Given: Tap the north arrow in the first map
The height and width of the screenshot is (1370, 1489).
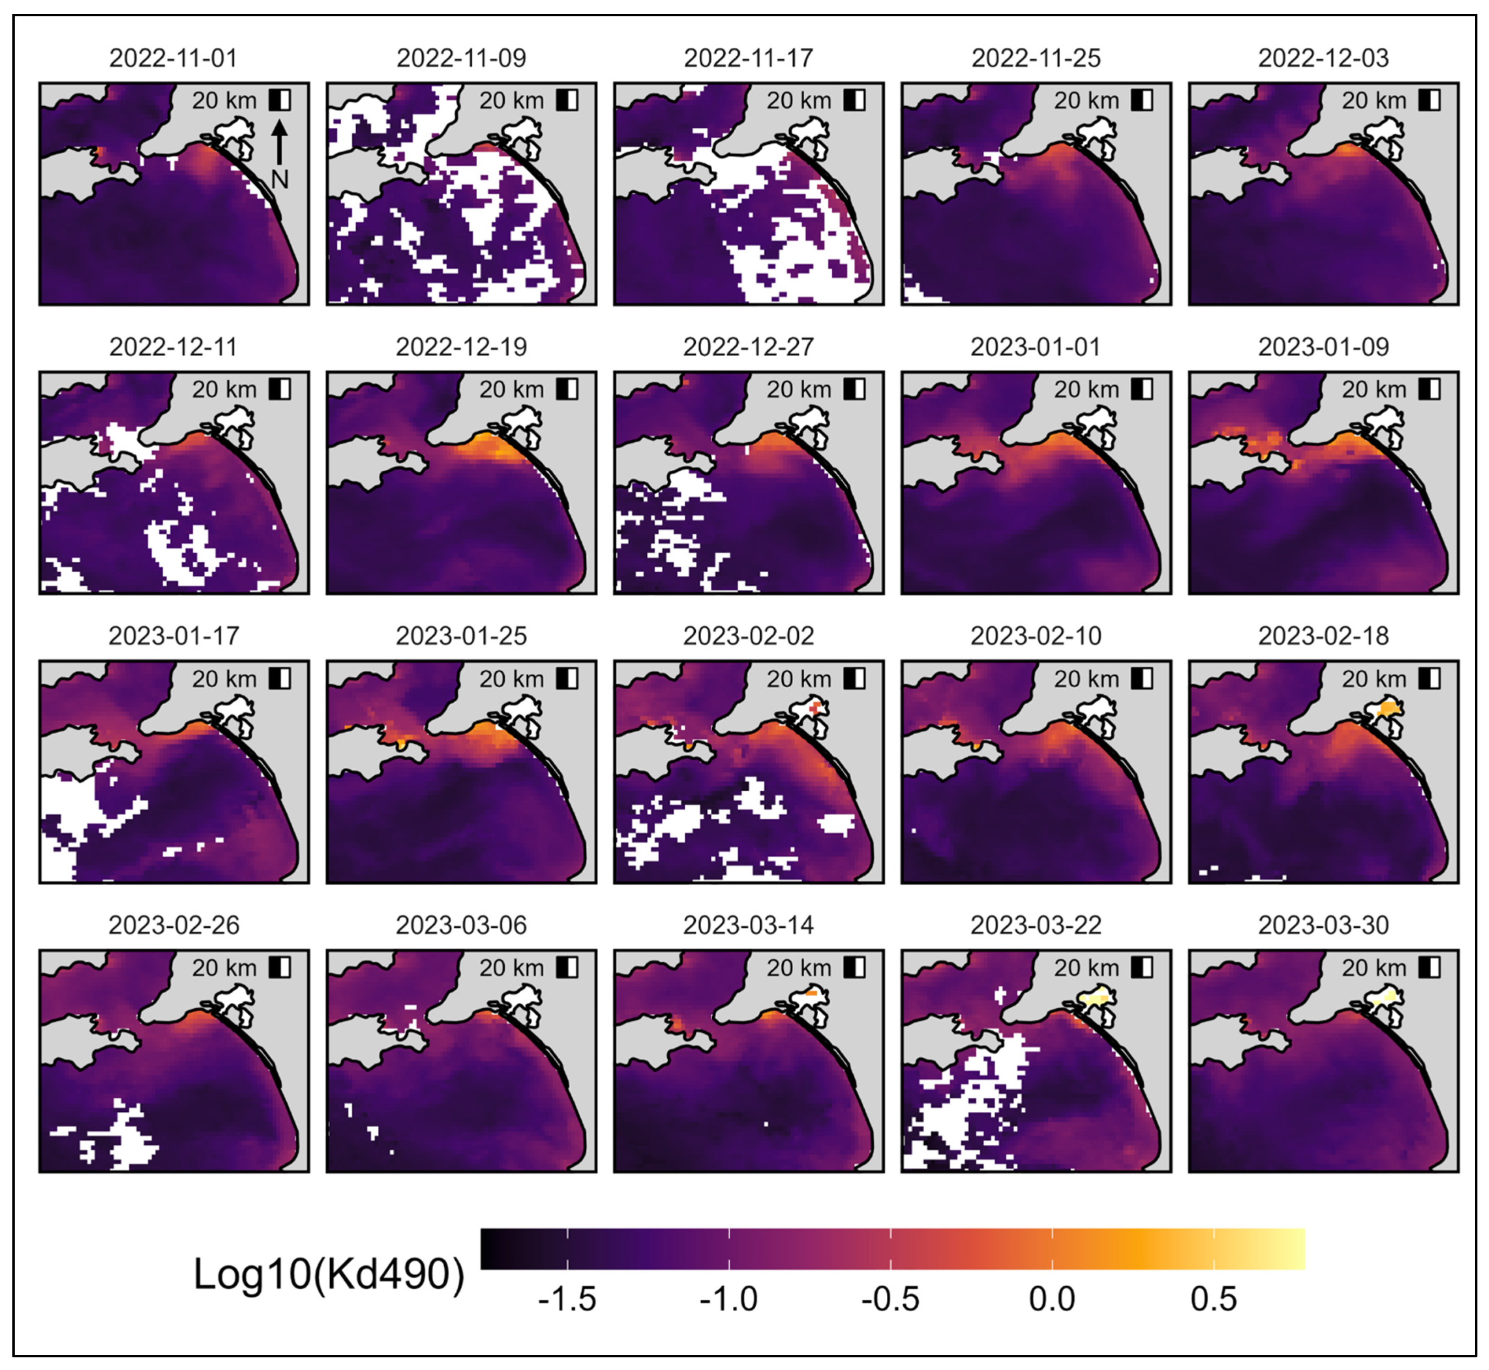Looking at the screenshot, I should pos(279,142).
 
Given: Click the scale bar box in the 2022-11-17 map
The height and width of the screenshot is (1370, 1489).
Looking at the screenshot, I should pos(854,100).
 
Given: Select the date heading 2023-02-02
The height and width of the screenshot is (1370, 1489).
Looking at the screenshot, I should pos(748,636).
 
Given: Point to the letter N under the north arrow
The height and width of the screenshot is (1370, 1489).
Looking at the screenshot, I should pos(279,179).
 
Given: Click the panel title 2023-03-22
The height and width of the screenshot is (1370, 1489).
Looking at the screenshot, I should pos(1036,925).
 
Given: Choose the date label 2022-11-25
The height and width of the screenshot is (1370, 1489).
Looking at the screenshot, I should pos(1036,58).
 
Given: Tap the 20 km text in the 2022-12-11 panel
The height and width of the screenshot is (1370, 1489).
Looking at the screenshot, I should pos(224,389).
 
